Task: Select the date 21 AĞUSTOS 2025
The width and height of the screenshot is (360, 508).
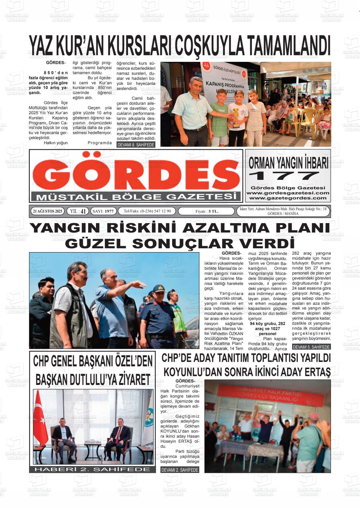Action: point(48,211)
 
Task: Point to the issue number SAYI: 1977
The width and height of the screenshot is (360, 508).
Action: point(104,211)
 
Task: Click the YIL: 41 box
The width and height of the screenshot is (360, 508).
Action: point(78,211)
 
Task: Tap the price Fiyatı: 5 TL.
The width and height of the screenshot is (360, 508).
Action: point(207,211)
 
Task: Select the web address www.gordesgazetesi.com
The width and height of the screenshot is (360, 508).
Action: point(288,193)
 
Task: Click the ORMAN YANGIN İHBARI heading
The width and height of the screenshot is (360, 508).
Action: point(288,163)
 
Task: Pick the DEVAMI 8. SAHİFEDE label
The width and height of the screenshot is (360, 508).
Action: point(136,145)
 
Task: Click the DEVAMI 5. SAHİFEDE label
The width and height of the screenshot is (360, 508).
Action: point(311,347)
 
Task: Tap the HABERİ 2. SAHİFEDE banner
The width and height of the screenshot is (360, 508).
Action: point(92,469)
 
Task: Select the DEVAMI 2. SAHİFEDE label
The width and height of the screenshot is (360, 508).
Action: point(180,470)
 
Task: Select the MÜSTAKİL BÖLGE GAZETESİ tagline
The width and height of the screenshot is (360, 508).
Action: point(136,197)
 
